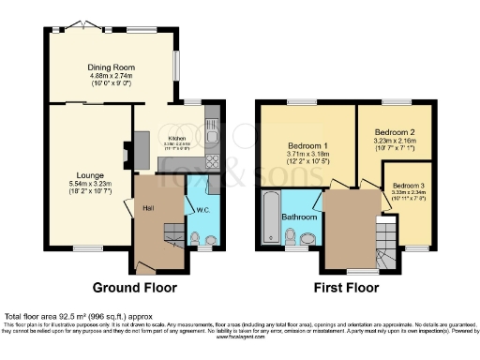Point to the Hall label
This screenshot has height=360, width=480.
pyautogui.click(x=148, y=207)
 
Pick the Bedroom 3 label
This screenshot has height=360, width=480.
pyautogui.click(x=410, y=186)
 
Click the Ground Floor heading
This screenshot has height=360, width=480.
pyautogui.click(x=131, y=288)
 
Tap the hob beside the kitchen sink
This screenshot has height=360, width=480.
pyautogui.click(x=212, y=162)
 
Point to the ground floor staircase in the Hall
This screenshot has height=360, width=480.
pyautogui.click(x=170, y=234)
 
